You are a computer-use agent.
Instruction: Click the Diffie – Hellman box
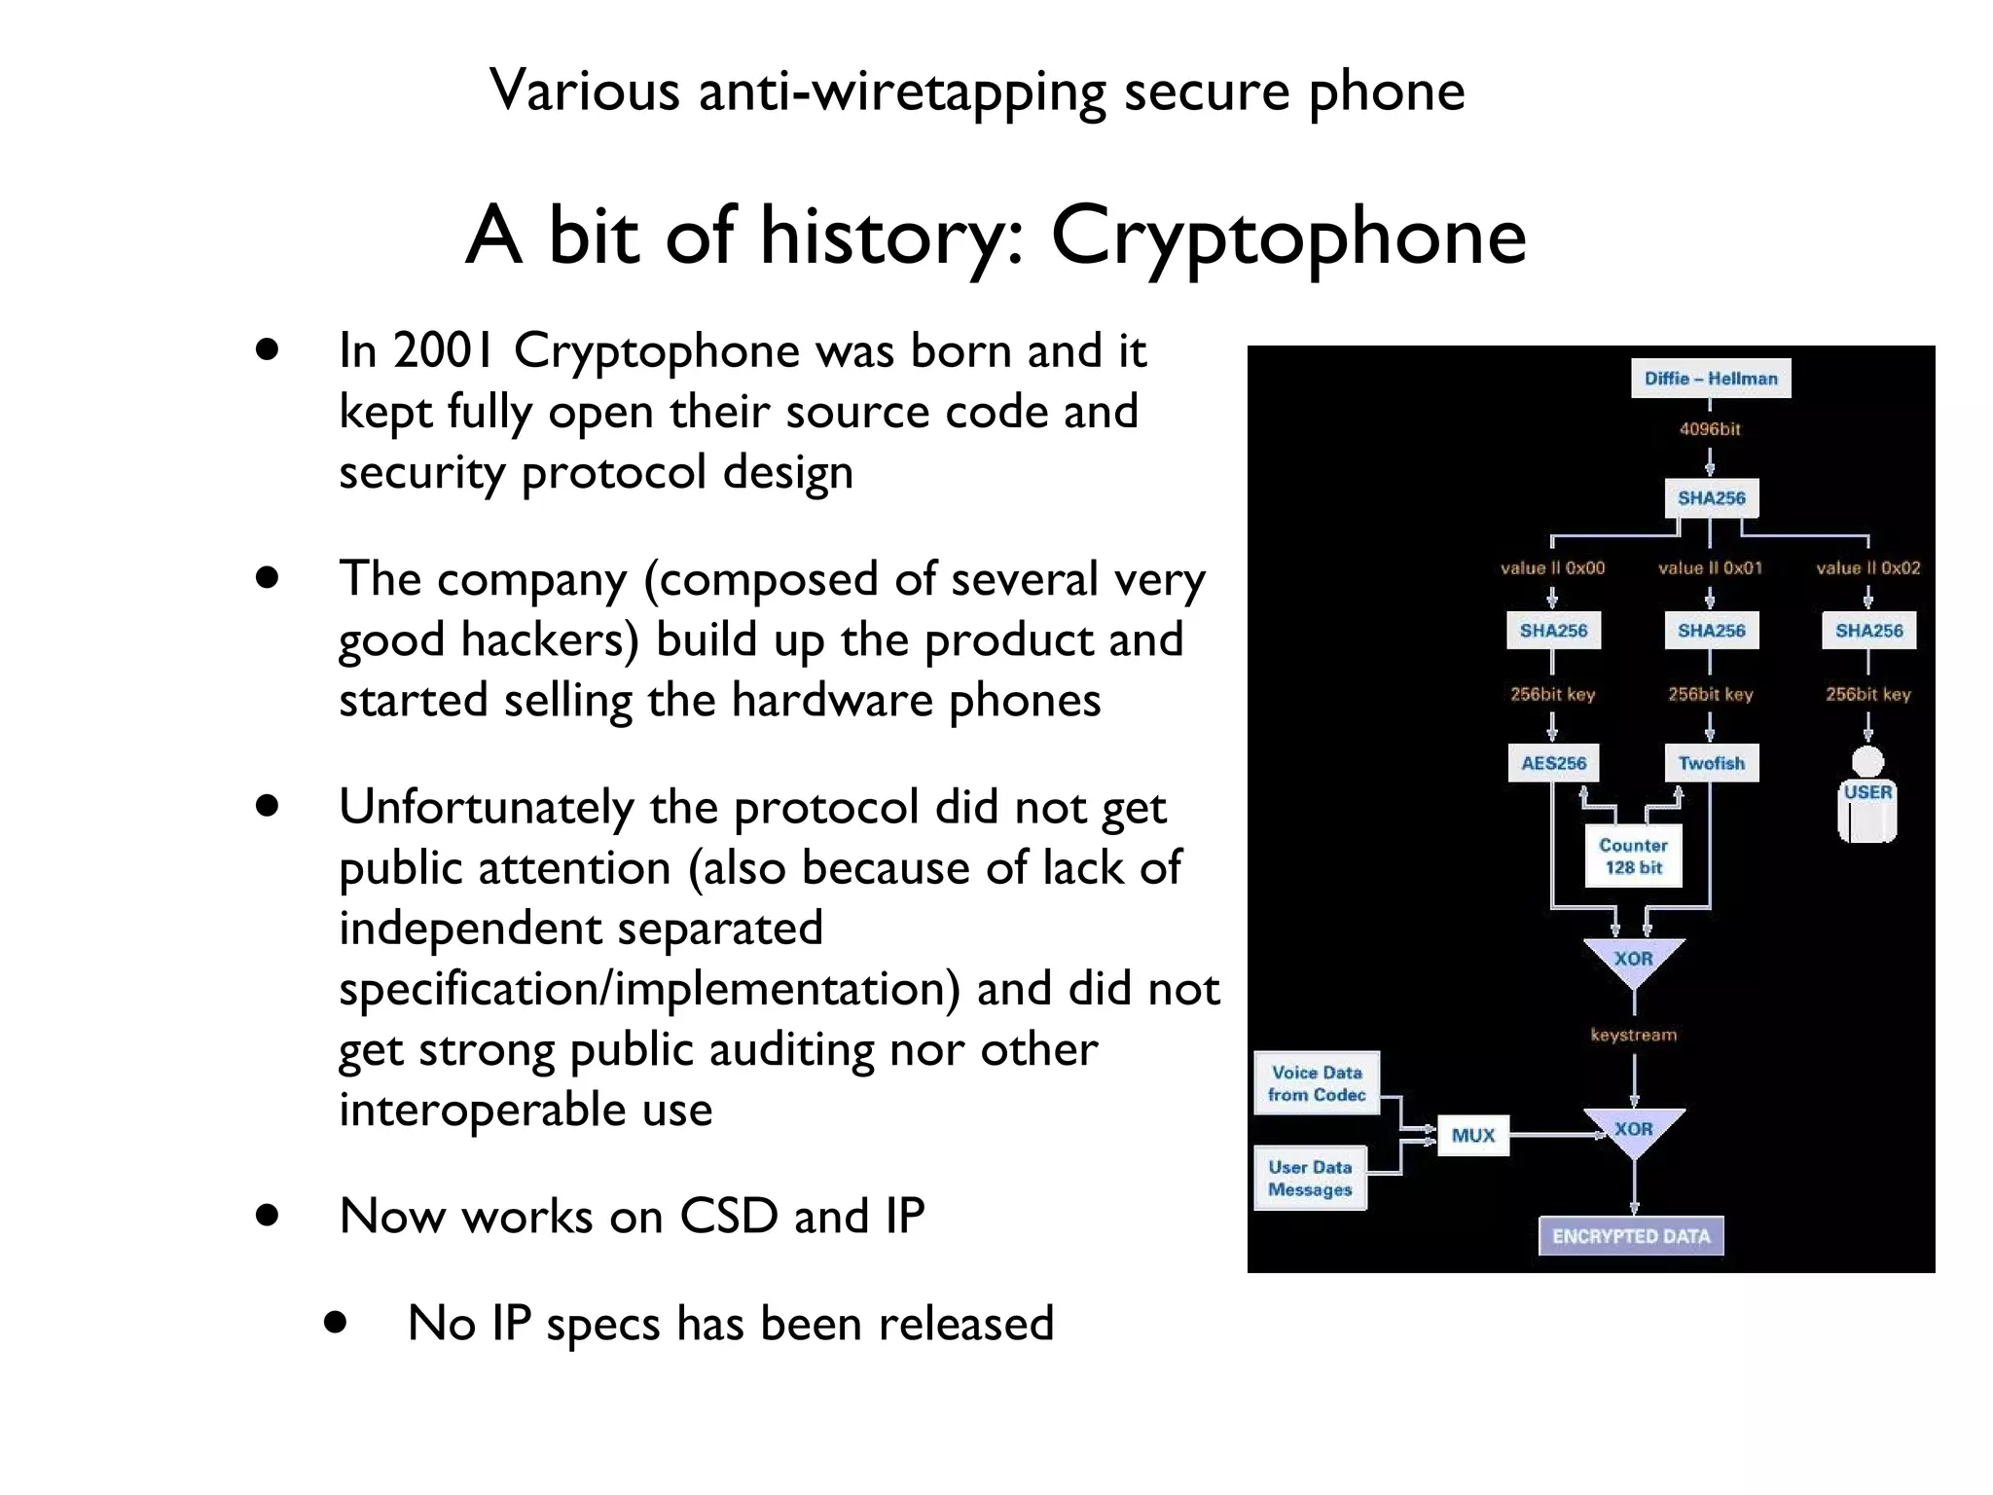tap(1710, 379)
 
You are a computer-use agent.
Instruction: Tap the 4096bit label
tap(1709, 429)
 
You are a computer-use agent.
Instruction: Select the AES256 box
tap(1553, 763)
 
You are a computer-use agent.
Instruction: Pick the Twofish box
tap(1711, 763)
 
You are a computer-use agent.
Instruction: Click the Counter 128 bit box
tap(1633, 857)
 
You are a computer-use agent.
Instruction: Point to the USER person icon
tap(1867, 794)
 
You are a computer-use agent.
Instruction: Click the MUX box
tap(1472, 1135)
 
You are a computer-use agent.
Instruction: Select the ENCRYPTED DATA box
tap(1631, 1236)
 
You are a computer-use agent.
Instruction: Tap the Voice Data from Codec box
tap(1316, 1083)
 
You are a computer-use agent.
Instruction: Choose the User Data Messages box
tap(1310, 1178)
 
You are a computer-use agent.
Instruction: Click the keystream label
tap(1633, 1035)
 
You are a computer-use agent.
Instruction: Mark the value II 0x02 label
tap(1867, 567)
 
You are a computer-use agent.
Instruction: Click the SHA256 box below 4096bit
tap(1711, 498)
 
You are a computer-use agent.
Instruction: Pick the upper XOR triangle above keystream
tap(1633, 960)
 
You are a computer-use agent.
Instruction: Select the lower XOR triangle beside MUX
tap(1633, 1130)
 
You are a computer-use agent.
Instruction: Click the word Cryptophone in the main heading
tap(1287, 237)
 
